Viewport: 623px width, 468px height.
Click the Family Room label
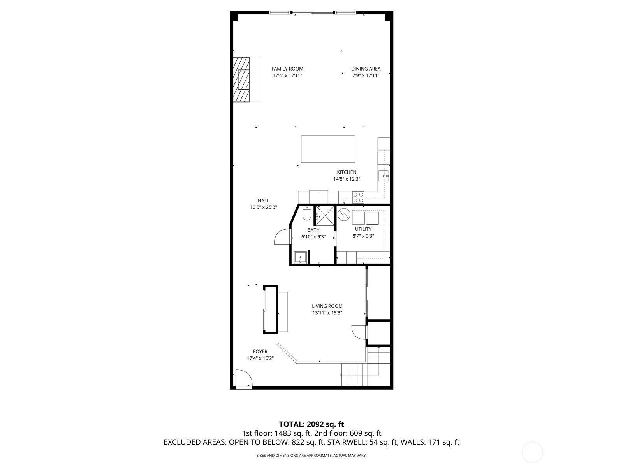click(287, 69)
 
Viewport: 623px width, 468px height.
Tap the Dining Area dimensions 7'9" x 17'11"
click(366, 76)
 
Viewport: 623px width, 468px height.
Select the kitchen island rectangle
click(328, 149)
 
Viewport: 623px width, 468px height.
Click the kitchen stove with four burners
click(358, 197)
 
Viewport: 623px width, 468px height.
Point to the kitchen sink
click(384, 176)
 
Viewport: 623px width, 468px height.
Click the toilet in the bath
click(307, 213)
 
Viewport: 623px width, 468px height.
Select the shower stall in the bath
click(325, 216)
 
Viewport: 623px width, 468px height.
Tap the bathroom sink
click(300, 257)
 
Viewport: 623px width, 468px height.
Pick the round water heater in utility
click(344, 214)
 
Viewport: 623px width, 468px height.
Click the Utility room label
click(363, 229)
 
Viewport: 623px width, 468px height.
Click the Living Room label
click(327, 306)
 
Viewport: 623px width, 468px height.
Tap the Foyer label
click(260, 351)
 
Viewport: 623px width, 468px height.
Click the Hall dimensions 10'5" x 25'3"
click(263, 207)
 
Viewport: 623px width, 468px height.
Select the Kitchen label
click(347, 172)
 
